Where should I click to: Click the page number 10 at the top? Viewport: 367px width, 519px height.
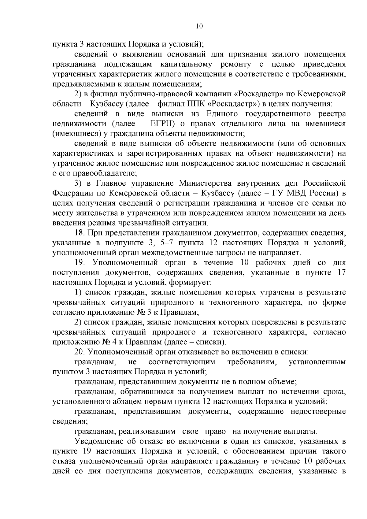tap(199, 26)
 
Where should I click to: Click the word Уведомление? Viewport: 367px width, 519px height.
tap(96, 441)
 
